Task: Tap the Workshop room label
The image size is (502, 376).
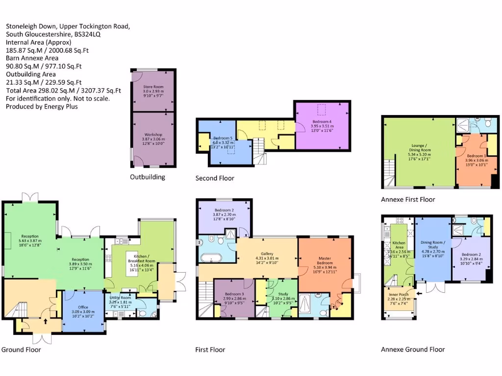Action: [153, 135]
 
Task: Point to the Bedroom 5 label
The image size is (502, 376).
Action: [223, 138]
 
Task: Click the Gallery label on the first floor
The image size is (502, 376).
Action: [267, 254]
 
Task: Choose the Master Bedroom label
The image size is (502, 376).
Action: [325, 258]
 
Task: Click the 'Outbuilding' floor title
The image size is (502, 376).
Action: [148, 177]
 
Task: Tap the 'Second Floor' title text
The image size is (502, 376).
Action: [215, 178]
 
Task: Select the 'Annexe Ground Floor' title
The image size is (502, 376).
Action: [413, 349]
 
